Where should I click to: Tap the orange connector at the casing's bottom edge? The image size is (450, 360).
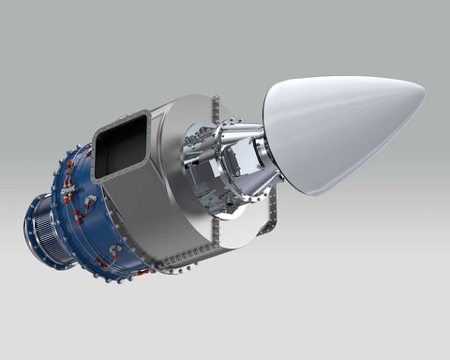tap(141, 272)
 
